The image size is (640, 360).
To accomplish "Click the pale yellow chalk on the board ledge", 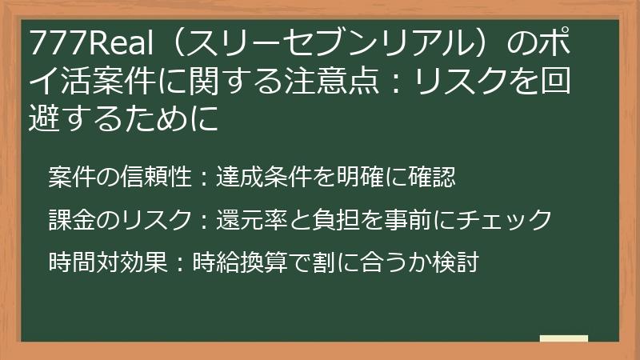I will tap(564, 339).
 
